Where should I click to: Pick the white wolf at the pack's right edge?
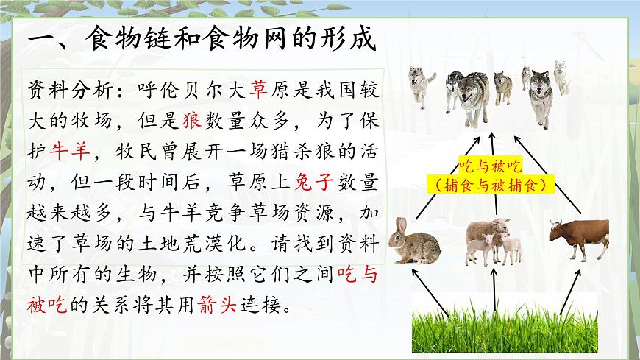point(561,78)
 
